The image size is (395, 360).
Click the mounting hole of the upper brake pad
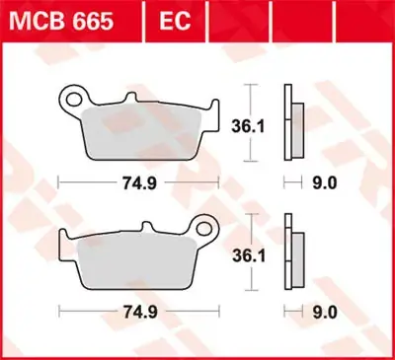coord(70,99)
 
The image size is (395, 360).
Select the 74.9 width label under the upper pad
coord(136,182)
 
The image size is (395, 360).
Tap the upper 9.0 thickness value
coord(325,182)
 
